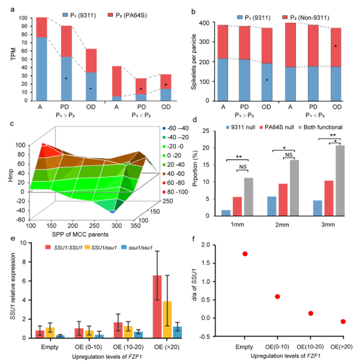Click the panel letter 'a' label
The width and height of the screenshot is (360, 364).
(x=6, y=5)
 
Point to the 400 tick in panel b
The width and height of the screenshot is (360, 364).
(x=202, y=23)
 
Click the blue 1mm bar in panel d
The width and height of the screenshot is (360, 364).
(x=226, y=212)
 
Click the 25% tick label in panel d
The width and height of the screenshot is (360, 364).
(x=205, y=131)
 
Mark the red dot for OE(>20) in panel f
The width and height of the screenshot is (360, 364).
(x=343, y=321)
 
